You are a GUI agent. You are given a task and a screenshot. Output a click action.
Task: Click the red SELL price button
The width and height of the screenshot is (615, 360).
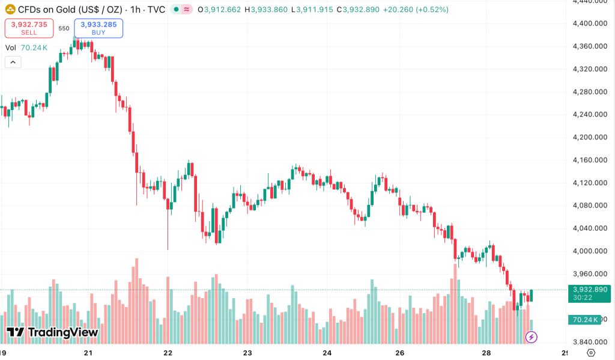tap(29, 28)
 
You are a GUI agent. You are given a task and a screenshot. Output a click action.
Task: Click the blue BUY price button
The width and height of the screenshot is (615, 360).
tap(98, 28)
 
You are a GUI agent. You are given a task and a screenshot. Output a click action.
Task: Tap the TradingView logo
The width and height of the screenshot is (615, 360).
tap(52, 332)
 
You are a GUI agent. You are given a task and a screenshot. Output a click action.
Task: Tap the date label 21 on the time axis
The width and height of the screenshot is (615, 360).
tap(88, 353)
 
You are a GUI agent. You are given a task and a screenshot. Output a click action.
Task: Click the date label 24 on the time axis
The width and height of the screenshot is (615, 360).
tap(327, 353)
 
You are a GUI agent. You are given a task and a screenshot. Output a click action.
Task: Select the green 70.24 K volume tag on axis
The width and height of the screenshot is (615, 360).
tap(583, 320)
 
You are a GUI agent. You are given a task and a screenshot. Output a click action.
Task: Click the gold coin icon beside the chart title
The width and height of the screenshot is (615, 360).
tap(10, 10)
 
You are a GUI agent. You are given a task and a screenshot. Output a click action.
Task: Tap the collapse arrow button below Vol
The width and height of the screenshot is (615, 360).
tap(13, 62)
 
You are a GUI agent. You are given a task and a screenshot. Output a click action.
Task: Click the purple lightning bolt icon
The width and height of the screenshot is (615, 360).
tap(531, 338)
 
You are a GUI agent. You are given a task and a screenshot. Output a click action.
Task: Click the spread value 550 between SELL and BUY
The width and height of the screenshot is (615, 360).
tap(64, 28)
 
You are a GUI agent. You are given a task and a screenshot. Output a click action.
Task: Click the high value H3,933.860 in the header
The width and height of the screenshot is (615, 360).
tap(267, 10)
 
